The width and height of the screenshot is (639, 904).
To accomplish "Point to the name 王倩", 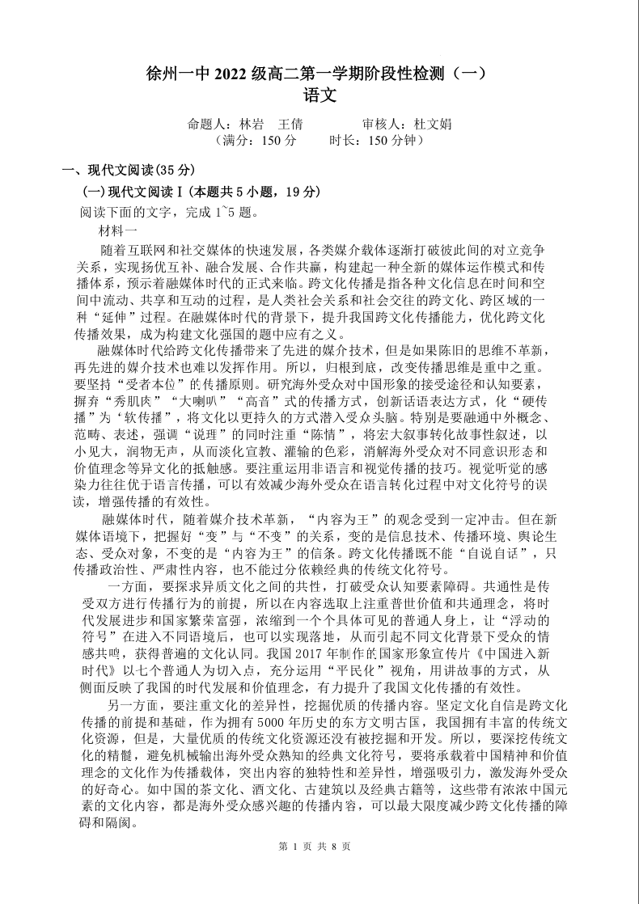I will [290, 125].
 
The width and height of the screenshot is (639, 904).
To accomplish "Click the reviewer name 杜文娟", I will [433, 125].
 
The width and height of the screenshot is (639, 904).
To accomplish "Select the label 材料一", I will [117, 230].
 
